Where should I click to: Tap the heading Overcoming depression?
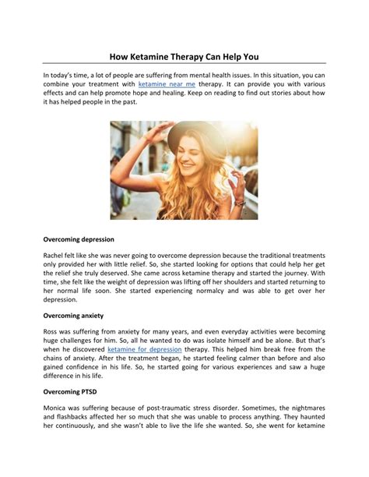coord(79,238)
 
